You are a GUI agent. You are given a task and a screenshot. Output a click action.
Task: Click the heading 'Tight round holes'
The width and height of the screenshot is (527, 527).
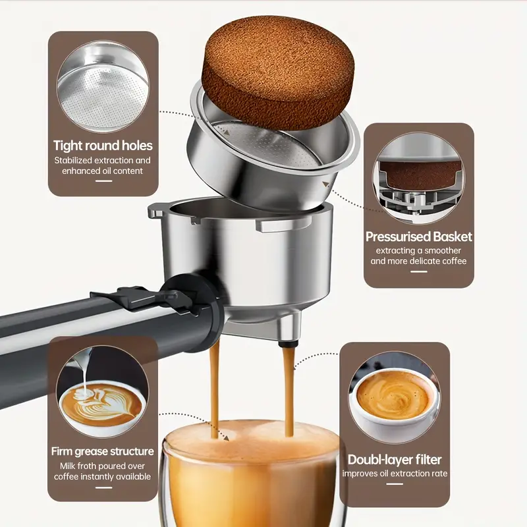(x=103, y=146)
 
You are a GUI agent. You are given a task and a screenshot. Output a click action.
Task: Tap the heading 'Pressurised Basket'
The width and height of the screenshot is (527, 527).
(x=419, y=236)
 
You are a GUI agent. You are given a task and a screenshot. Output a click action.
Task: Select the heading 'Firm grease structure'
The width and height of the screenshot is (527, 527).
(x=103, y=451)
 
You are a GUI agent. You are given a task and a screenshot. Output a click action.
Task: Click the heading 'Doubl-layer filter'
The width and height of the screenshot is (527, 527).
(x=395, y=459)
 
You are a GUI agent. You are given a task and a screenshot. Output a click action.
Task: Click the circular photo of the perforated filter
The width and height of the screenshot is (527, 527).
(x=103, y=86)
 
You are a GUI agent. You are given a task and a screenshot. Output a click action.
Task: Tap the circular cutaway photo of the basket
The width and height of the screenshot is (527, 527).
(x=419, y=178)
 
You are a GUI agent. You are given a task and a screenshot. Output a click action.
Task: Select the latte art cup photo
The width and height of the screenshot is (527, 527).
(x=103, y=391)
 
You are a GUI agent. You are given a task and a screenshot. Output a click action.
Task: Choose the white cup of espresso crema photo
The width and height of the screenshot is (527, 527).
(x=395, y=398)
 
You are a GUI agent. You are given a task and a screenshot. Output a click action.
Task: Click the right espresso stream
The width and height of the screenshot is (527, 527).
(x=289, y=391)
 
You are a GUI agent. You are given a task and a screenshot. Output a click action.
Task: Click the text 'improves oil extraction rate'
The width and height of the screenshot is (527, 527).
(x=395, y=474)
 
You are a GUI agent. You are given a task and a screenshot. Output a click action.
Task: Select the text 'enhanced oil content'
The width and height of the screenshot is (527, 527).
(x=103, y=171)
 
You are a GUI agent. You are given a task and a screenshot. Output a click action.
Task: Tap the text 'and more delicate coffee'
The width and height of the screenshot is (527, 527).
(x=419, y=261)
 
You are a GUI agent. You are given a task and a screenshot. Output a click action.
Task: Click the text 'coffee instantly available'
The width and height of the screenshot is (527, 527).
(x=103, y=476)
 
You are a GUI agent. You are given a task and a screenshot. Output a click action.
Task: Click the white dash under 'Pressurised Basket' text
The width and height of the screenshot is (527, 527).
(x=419, y=271)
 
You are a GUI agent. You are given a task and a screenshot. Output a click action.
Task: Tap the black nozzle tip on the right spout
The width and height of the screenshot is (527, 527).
(x=289, y=344)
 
